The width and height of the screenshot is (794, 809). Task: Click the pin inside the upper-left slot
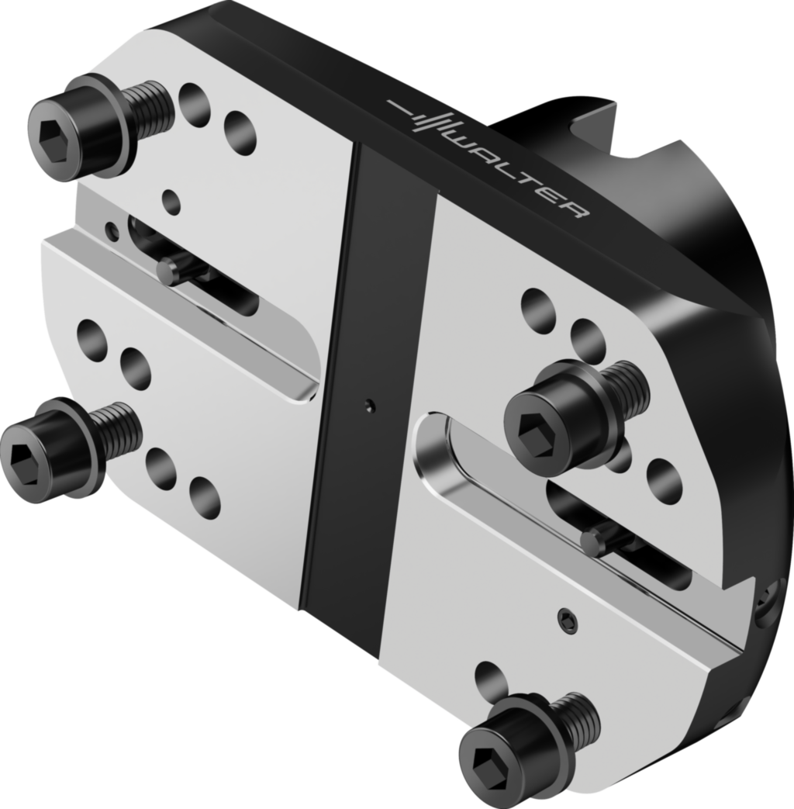tap(166, 270)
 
